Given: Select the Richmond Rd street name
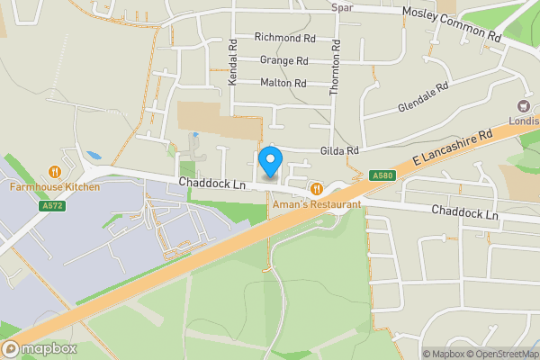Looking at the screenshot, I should pos(284,39).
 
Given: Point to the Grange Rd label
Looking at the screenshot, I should pos(283,60).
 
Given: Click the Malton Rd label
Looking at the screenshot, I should pos(283,83).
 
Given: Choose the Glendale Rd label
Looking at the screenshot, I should pos(422,98).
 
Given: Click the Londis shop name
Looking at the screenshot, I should pos(523,120).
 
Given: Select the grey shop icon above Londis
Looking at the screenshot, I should pos(522,105).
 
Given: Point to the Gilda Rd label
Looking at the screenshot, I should pos(340,150).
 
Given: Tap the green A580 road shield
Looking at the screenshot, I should pos(381,176).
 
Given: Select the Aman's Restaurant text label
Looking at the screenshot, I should pos(317,204).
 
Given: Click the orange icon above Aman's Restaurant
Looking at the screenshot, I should pos(317,189).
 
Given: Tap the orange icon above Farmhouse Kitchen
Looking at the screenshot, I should pos(55,171).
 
